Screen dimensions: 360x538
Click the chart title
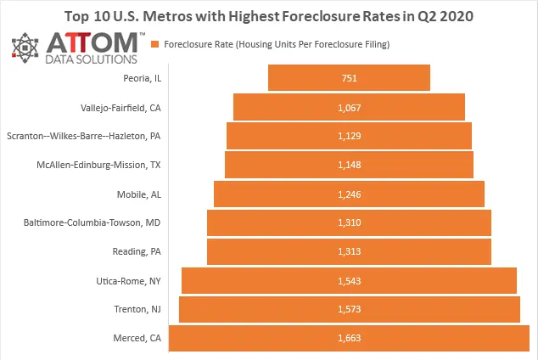pyautogui.click(x=269, y=15)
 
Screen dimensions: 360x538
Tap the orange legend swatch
pyautogui.click(x=154, y=43)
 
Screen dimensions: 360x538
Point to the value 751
pyautogui.click(x=349, y=78)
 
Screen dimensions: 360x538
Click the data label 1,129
pyautogui.click(x=349, y=136)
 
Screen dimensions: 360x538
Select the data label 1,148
pyautogui.click(x=349, y=165)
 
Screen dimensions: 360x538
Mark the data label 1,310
pyautogui.click(x=349, y=222)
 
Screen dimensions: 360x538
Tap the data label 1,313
pyautogui.click(x=349, y=252)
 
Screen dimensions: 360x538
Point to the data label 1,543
pyautogui.click(x=349, y=281)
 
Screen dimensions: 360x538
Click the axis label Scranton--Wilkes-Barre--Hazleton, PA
pyautogui.click(x=83, y=136)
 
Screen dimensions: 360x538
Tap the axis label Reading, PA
pyautogui.click(x=137, y=252)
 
